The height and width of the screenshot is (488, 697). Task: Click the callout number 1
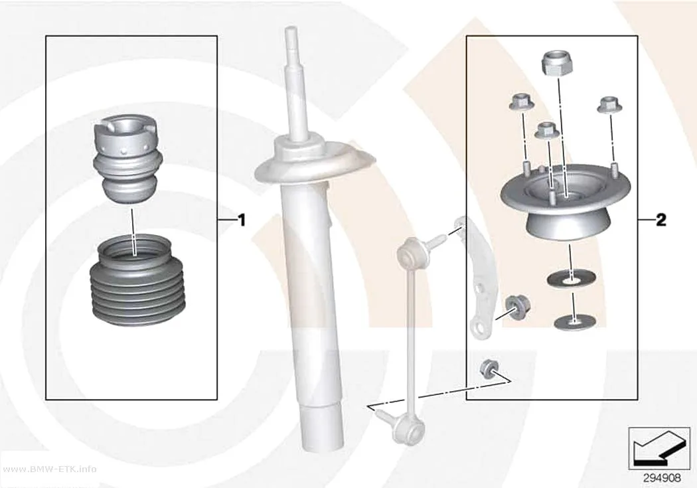point(242,220)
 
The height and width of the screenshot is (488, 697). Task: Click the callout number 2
point(661,220)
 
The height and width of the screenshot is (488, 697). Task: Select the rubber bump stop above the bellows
point(126,159)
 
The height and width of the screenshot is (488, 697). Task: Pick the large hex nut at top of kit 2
point(557,62)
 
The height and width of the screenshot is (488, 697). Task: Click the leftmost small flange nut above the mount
point(522,103)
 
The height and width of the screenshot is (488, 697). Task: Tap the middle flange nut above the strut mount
point(546,131)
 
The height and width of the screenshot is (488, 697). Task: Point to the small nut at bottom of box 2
point(489,368)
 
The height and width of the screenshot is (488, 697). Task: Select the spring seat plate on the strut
point(315,163)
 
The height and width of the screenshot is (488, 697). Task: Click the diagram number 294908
point(662,478)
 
